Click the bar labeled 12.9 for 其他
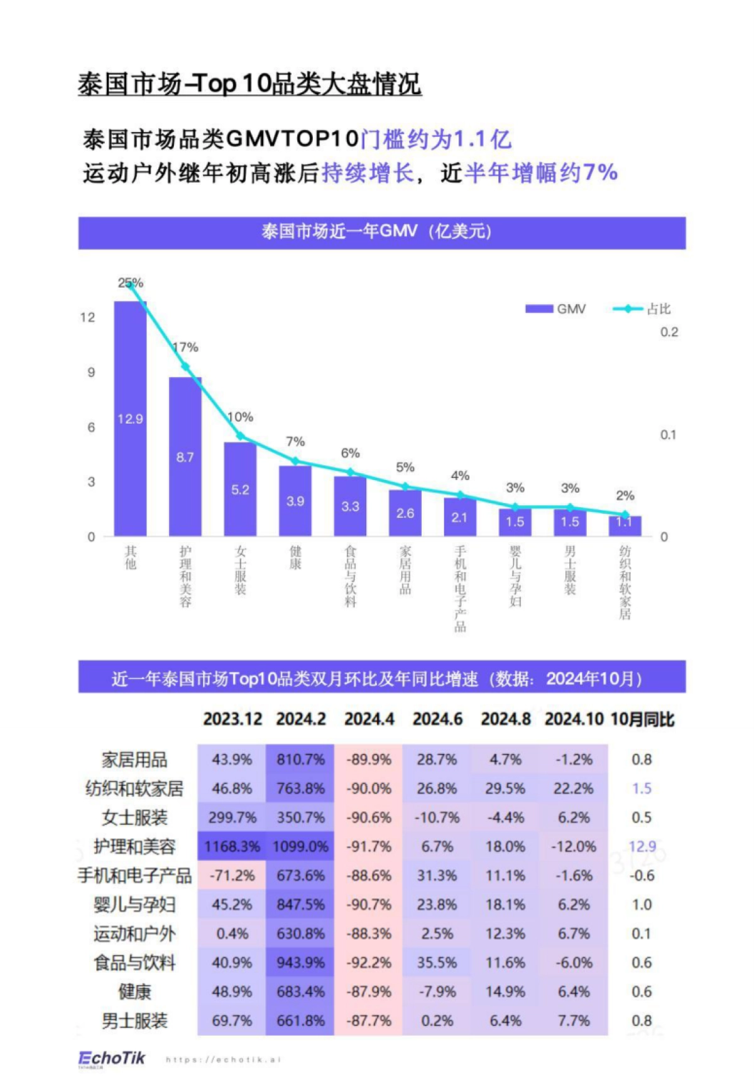(130, 418)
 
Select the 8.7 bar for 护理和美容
(185, 457)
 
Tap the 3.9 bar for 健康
(295, 501)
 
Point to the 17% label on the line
(186, 347)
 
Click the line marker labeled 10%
(240, 436)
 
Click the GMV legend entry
(556, 308)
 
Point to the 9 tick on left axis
(91, 372)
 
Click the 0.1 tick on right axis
(668, 435)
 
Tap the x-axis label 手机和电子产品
(460, 588)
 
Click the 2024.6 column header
(437, 719)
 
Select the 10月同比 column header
(642, 719)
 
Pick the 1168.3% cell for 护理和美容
(232, 846)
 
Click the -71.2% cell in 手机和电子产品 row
(232, 875)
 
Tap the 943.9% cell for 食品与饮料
(300, 962)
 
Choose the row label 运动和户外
(134, 934)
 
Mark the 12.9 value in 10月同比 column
(642, 846)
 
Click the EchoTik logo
(112, 1059)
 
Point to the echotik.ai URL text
(223, 1060)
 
